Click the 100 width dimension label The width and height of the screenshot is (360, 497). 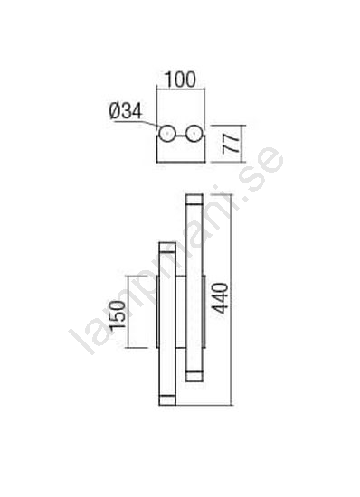[180, 80]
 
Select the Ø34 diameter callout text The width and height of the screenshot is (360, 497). [126, 111]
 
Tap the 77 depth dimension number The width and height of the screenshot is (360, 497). [231, 144]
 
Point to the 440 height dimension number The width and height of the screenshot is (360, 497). [220, 298]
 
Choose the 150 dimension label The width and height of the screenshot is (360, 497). [117, 314]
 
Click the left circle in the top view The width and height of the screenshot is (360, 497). [166, 135]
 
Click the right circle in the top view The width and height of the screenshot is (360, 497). [194, 135]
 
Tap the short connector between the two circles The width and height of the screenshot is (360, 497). [180, 136]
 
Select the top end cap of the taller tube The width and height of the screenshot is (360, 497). [194, 200]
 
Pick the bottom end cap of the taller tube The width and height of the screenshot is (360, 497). [194, 376]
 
